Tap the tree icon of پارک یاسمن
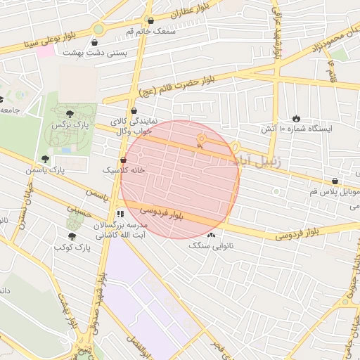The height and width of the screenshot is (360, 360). coord(46,159)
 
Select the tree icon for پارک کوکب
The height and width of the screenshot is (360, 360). coord(72,237)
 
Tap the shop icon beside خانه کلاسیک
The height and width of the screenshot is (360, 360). coord(124,160)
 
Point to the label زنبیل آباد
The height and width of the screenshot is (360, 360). coord(258,161)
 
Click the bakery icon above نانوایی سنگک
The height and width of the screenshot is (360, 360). coord(210,235)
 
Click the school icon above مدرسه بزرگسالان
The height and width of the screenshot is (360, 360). coord(120,213)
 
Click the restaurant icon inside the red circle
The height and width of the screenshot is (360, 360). coord(200,139)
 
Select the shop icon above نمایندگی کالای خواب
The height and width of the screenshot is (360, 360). coord(134,110)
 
